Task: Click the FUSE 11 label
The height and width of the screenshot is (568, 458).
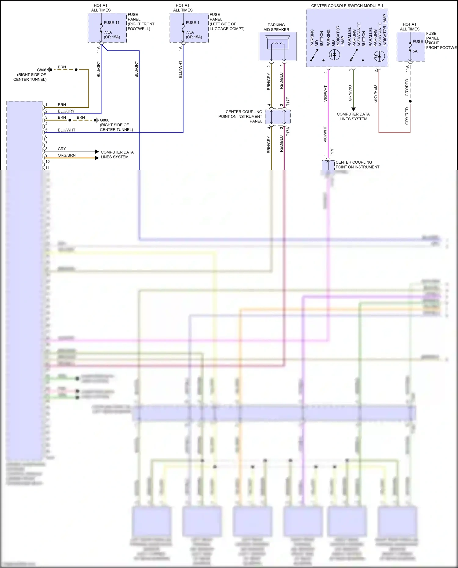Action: pos(111,23)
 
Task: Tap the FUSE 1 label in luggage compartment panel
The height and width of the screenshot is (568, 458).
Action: pos(192,23)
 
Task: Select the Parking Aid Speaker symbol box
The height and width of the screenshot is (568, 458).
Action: pos(278,46)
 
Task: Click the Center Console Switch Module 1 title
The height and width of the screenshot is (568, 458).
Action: pos(347,5)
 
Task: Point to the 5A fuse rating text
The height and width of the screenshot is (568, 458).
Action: pos(415,51)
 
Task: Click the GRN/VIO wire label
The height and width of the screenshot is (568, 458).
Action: pos(350,93)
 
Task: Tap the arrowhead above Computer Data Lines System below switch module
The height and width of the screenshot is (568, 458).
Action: pos(353,109)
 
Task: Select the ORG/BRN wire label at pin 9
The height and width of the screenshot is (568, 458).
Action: pos(67,155)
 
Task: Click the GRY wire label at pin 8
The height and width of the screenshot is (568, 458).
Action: pos(62,149)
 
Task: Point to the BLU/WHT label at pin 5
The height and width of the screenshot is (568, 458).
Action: pos(66,130)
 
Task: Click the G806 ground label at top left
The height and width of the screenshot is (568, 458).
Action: pos(41,70)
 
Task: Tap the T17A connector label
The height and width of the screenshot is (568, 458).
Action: pos(288,132)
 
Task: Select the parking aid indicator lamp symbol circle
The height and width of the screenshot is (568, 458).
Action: pos(334,55)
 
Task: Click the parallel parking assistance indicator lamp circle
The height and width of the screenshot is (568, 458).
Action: pos(379,56)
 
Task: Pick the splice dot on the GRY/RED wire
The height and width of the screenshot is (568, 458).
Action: pos(410,101)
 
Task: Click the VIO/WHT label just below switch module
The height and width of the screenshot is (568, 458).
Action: pos(325,93)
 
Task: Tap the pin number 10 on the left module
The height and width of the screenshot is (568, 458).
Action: pos(47,161)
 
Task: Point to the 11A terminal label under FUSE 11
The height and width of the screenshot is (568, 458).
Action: pos(98,50)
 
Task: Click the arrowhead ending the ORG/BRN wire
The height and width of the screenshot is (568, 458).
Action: pos(97,158)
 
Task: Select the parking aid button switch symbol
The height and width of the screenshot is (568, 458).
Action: pos(314,55)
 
